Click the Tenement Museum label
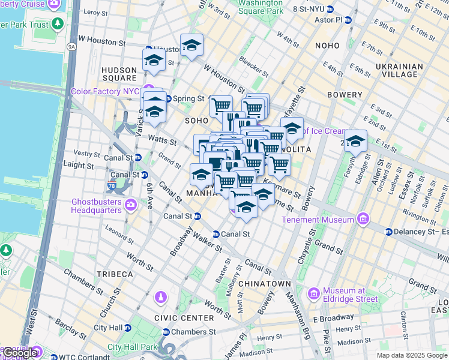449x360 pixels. click(x=318, y=220)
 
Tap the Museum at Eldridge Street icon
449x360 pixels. click(x=313, y=293)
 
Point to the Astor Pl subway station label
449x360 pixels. click(x=329, y=19)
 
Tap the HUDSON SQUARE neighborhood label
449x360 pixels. click(x=119, y=74)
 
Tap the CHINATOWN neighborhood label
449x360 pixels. click(x=264, y=283)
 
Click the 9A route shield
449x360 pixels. click(x=72, y=46)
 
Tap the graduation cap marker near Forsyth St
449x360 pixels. click(x=355, y=142)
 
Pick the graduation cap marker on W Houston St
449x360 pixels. click(x=191, y=45)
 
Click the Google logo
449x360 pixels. click(x=20, y=353)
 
